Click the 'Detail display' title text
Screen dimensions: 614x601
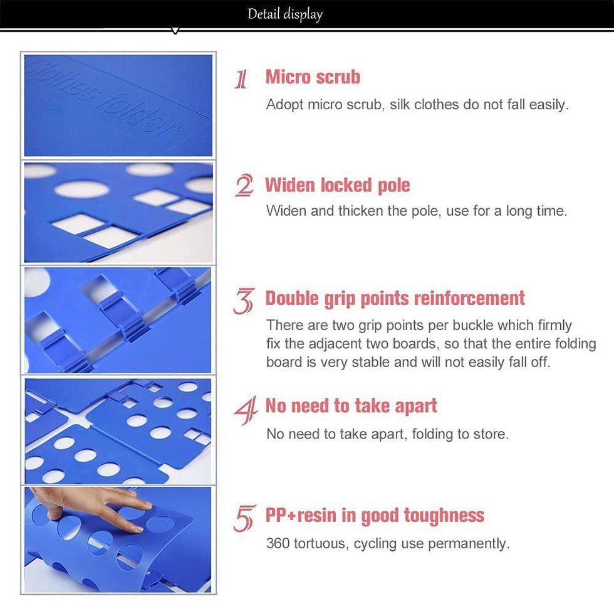tap(285, 14)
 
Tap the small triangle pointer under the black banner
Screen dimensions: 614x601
tap(175, 31)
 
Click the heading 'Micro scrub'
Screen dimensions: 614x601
tap(313, 77)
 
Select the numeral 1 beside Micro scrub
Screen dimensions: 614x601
tap(242, 79)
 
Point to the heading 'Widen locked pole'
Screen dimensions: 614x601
tap(338, 185)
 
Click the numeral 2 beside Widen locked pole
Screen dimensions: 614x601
tap(244, 186)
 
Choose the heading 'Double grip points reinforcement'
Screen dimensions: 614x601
tap(395, 299)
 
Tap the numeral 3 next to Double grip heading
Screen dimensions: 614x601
tap(244, 300)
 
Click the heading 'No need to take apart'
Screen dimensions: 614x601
tap(351, 406)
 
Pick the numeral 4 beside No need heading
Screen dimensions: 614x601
tap(246, 410)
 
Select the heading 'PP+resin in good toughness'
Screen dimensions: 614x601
tap(375, 516)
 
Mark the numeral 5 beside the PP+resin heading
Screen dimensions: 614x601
tap(244, 518)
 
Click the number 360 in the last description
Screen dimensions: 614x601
tap(278, 544)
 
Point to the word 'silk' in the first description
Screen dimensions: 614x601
tap(400, 105)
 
